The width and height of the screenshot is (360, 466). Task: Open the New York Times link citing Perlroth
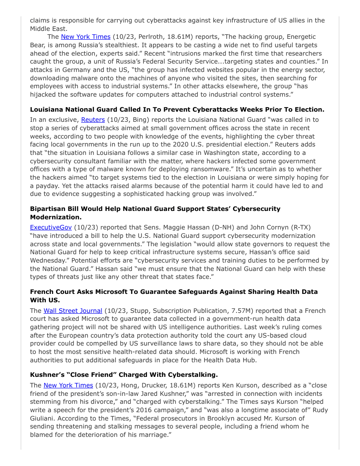[85, 37]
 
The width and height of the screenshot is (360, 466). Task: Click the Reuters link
[93, 120]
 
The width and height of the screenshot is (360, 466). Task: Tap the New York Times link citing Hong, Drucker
[68, 385]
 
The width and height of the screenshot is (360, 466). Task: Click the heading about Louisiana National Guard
[177, 109]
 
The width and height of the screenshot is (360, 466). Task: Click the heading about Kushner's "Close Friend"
[124, 375]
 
